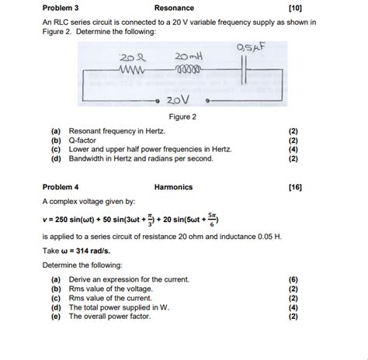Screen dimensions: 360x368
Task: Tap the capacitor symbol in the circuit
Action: tap(248, 69)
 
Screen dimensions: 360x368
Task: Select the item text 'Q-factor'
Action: tap(85, 140)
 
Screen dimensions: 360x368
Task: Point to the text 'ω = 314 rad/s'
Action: tap(85, 251)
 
